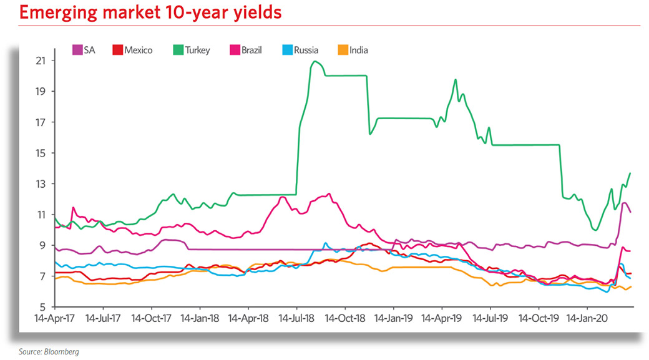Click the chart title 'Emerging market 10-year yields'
tap(150, 13)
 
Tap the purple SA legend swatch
tap(77, 50)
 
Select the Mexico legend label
tap(139, 50)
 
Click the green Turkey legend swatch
tap(178, 50)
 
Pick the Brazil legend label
tap(251, 50)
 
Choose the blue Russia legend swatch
tap(287, 50)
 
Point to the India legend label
tap(358, 50)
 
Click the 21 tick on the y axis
tap(41, 61)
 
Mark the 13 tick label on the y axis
tap(41, 184)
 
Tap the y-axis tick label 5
tap(42, 307)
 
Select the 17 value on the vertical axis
tap(41, 122)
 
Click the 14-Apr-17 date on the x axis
tap(55, 318)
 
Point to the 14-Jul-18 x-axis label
tap(296, 318)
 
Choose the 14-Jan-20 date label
tap(587, 318)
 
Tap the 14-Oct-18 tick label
tap(344, 318)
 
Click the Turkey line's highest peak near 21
tap(315, 61)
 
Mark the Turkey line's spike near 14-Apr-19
tap(456, 79)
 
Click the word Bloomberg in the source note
tap(61, 352)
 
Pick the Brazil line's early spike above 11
tap(73, 207)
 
